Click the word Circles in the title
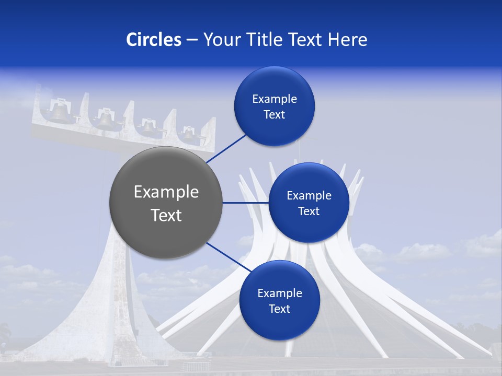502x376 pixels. [153, 40]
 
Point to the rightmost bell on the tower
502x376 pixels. [188, 134]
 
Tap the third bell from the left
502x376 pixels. [149, 127]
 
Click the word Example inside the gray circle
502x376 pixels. [166, 192]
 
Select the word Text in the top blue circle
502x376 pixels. [274, 115]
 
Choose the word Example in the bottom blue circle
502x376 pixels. [279, 293]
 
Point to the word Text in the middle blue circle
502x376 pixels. [309, 211]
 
